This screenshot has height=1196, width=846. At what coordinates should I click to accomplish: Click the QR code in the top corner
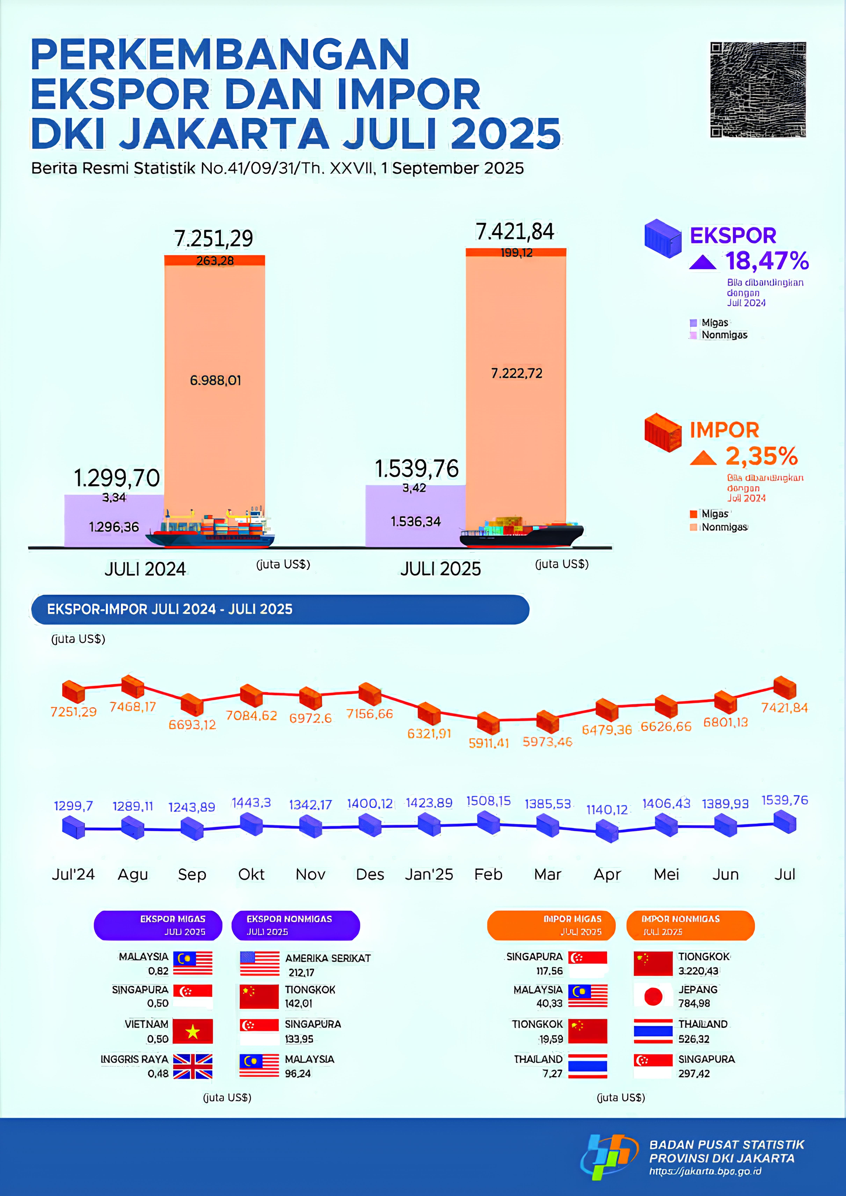(758, 90)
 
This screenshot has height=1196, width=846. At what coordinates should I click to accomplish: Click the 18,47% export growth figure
(767, 260)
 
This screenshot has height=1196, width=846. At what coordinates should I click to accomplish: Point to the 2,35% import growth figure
(761, 456)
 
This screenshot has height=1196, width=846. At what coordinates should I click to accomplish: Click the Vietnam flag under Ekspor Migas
(193, 1031)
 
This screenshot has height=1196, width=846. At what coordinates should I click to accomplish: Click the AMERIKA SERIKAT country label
(328, 958)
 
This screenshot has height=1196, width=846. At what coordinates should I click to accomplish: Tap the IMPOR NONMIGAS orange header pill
(690, 925)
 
